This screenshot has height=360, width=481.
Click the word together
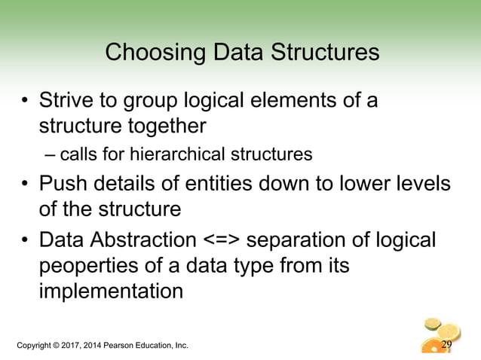pos(164,123)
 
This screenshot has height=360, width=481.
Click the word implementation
pos(110,290)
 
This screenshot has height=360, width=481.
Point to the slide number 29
pos(446,346)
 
